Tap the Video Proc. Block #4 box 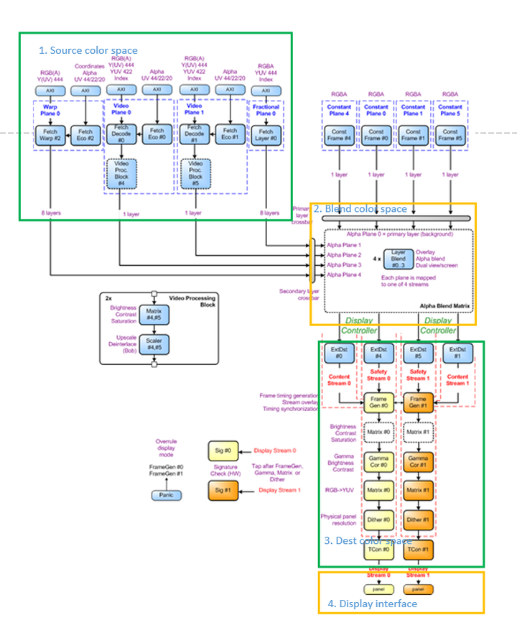click(120, 172)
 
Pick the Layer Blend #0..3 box click(398, 259)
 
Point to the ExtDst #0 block click(337, 353)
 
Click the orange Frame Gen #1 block click(417, 402)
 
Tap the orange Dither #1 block click(417, 519)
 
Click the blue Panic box click(166, 495)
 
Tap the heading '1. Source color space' click(88, 50)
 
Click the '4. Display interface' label click(372, 604)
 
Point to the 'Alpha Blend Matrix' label click(444, 305)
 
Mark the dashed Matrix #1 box click(417, 433)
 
